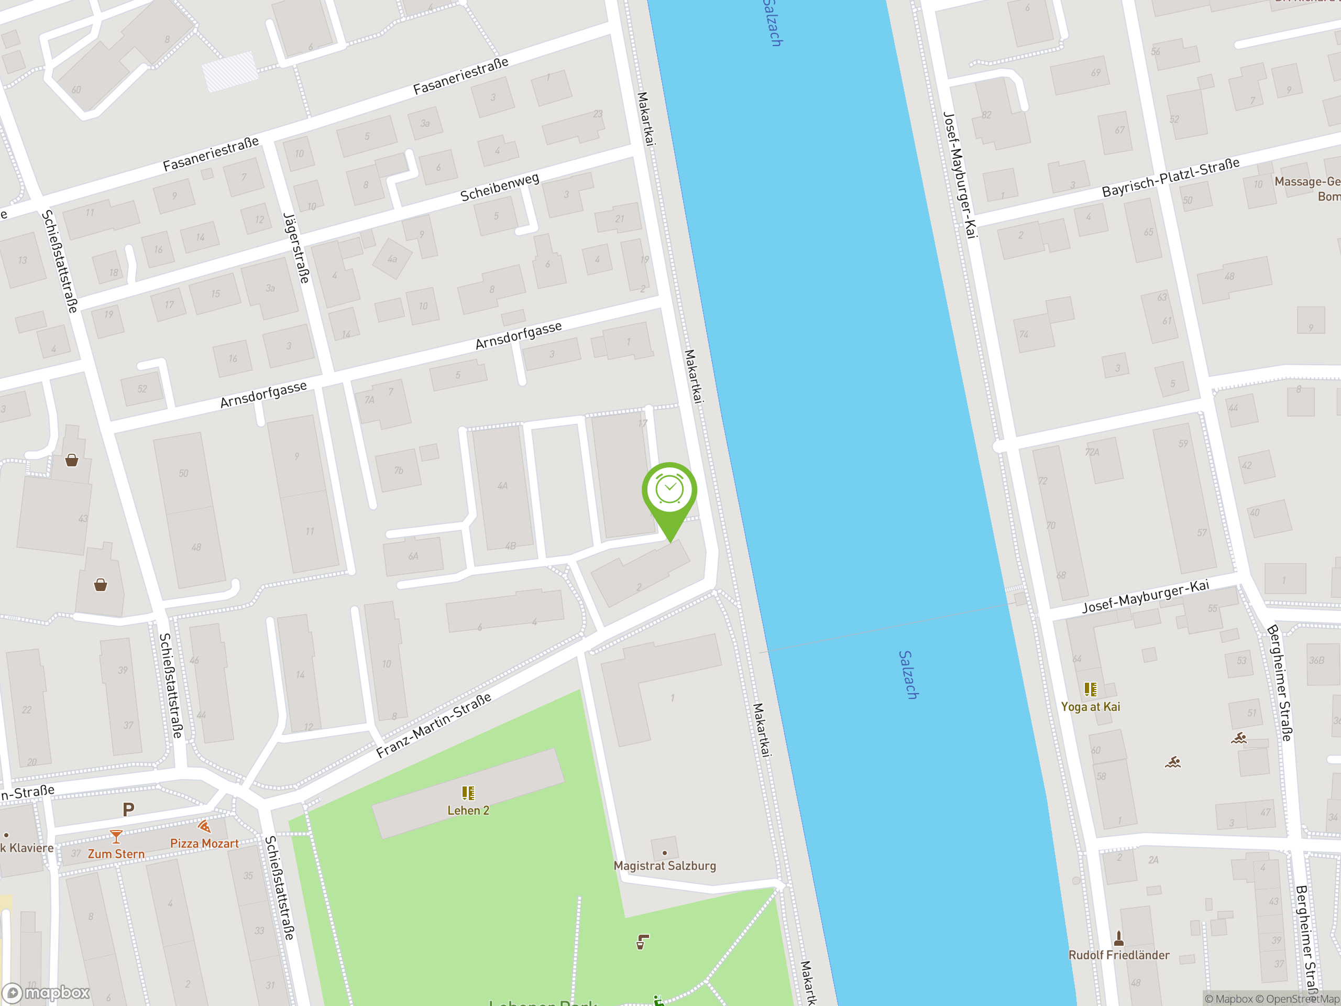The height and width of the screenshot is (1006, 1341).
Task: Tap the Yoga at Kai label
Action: click(1090, 706)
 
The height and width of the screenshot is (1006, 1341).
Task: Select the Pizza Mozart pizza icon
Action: click(204, 826)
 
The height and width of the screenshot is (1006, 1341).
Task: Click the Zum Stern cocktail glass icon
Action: click(116, 837)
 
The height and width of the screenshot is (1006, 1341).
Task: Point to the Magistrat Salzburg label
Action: click(664, 866)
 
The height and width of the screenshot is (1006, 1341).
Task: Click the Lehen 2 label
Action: click(468, 810)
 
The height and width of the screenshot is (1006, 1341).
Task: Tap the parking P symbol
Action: click(128, 809)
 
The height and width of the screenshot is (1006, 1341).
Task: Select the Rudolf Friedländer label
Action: click(1118, 955)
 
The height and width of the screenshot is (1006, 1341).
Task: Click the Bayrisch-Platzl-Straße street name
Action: click(1170, 177)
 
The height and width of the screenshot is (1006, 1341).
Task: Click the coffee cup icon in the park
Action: click(642, 942)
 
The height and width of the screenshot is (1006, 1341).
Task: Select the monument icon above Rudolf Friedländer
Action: click(1118, 938)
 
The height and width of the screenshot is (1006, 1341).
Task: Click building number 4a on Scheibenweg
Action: click(392, 259)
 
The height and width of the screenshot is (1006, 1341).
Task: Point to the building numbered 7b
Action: click(398, 470)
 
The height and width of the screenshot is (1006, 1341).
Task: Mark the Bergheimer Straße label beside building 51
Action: click(1279, 683)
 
